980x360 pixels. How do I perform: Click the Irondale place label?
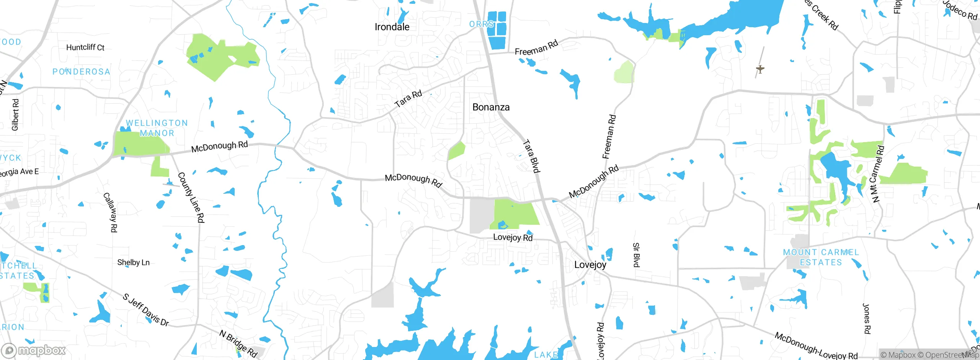(x=392, y=27)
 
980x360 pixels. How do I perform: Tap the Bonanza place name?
(x=491, y=107)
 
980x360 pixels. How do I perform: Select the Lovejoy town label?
(x=590, y=265)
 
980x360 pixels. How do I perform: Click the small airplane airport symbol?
(x=760, y=69)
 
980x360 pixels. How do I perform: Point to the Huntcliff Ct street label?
(x=85, y=47)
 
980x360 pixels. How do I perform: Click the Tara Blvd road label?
(x=531, y=156)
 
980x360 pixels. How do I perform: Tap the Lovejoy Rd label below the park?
(x=513, y=237)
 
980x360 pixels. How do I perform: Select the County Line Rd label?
(x=191, y=198)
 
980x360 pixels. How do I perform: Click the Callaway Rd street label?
(x=110, y=212)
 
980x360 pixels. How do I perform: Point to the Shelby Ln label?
(x=133, y=262)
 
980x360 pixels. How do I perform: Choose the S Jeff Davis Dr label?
(x=146, y=310)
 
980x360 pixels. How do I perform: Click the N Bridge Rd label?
(x=238, y=344)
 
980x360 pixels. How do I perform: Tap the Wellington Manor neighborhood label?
(x=157, y=128)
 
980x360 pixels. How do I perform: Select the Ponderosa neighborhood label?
(x=81, y=72)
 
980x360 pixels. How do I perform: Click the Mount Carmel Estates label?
(x=821, y=257)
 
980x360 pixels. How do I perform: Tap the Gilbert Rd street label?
(x=15, y=115)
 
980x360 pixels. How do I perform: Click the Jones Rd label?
(x=866, y=319)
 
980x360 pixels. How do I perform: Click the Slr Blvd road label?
(x=636, y=255)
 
